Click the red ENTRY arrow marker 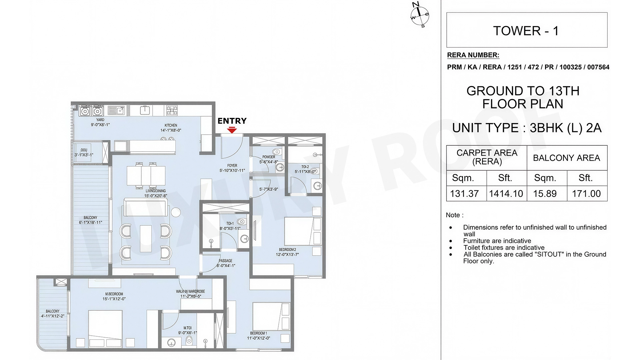232,130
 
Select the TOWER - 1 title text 526,31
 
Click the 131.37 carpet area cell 464,194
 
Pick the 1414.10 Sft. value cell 506,194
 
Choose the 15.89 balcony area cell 545,194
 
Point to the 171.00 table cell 586,194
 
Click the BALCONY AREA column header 567,158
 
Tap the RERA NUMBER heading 473,55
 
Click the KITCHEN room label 171,125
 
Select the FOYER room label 232,166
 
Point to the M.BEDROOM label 114,294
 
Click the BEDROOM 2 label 287,250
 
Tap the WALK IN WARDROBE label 190,291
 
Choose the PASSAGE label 226,261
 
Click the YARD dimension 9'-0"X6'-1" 100,125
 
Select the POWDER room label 269,157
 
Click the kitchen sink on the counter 116,110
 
